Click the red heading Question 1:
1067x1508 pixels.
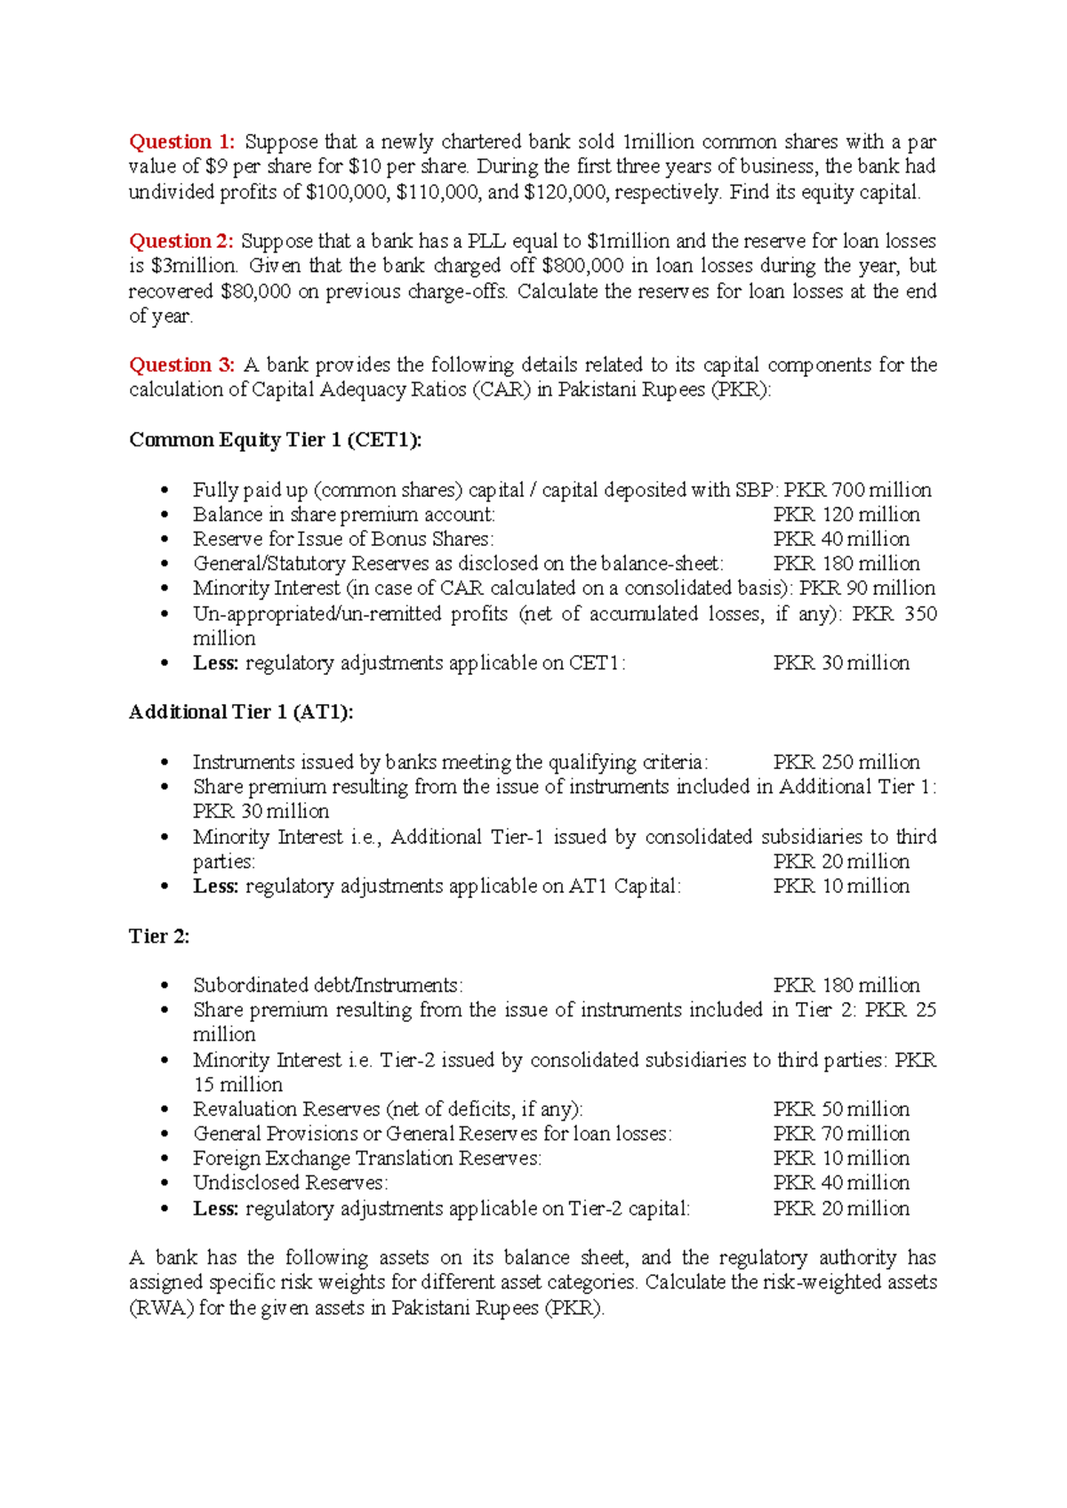(181, 142)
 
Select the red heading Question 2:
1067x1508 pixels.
(181, 241)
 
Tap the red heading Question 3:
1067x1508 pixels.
(181, 365)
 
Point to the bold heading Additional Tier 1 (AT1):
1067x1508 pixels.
(241, 712)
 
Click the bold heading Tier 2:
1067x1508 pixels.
(159, 936)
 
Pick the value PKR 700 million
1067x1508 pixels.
(857, 490)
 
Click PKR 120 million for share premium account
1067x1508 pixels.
(846, 515)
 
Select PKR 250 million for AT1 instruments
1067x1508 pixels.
(846, 762)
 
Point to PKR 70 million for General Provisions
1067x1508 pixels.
(841, 1134)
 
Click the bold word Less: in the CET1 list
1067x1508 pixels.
(215, 663)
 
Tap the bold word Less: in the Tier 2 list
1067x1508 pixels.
(215, 1209)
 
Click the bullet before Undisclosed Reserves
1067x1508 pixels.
(164, 1183)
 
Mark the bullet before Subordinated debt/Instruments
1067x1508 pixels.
(164, 986)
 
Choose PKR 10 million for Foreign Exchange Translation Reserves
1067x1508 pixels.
(841, 1159)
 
